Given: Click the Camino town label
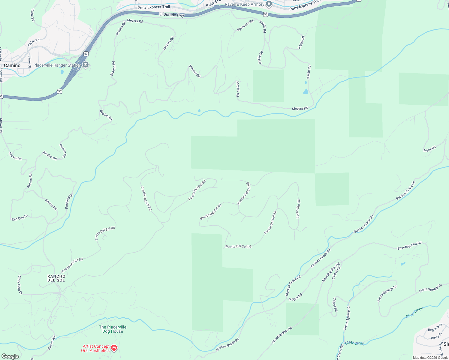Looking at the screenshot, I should coord(12,65).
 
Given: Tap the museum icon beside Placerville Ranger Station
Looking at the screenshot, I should coord(86,65).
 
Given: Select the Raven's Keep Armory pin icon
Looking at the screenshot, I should coord(269,4).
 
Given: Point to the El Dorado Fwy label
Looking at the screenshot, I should coord(172,14).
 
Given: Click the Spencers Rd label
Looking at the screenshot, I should coord(245,25).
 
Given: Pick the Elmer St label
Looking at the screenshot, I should coord(29,61).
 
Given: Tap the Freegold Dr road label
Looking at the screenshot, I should coord(69,201).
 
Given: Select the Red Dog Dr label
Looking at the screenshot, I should coord(20,218).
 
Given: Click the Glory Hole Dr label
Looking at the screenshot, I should coord(20,285).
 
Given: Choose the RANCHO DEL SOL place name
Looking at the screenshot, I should coord(56,278).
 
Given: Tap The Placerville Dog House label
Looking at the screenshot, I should coord(113,329).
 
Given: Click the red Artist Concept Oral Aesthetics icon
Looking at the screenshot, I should coord(114,348).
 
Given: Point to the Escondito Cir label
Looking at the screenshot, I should coord(298,209).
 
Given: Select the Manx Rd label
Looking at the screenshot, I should coord(429,149).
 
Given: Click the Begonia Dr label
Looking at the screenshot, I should coord(435,328).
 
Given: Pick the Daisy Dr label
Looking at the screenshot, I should coord(436,335).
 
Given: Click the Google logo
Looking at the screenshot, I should coord(10,356).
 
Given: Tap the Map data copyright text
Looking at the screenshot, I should coord(430,358).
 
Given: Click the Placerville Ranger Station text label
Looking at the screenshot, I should coord(57,65).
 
